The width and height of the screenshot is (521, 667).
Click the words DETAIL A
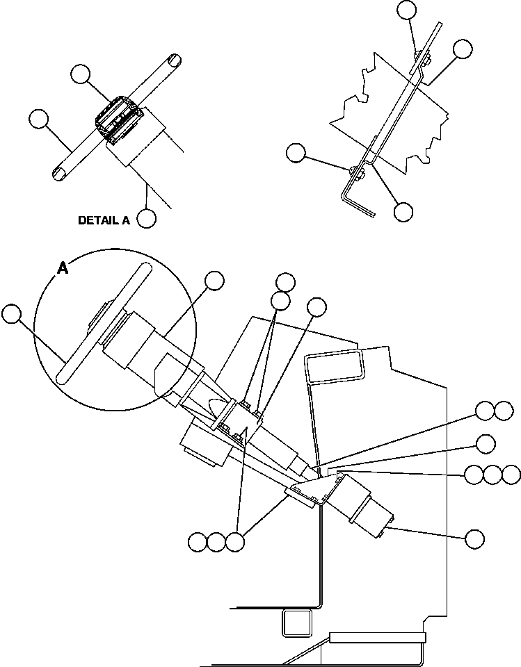point(104,220)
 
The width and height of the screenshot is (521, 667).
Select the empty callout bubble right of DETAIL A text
point(146,218)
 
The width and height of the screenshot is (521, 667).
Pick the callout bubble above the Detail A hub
point(81,74)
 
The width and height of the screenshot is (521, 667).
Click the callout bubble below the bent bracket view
point(403,212)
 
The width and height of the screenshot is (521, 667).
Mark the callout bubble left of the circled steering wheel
point(11,314)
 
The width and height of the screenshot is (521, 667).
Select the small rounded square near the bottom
point(296,623)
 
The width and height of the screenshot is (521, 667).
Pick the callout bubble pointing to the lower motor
point(474,538)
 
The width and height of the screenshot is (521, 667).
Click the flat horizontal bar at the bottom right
point(376,636)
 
